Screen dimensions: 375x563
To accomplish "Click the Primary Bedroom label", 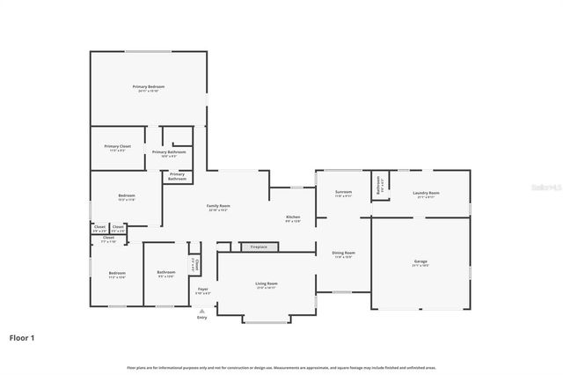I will pyautogui.click(x=149, y=87).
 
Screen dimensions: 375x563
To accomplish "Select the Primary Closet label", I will pyautogui.click(x=117, y=146).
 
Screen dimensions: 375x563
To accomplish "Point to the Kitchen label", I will pyautogui.click(x=293, y=217).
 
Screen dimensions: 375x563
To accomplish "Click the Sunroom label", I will pyautogui.click(x=343, y=192).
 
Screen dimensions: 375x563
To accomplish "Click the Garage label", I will pyautogui.click(x=420, y=261).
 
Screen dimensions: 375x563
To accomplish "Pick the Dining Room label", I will pyautogui.click(x=343, y=254).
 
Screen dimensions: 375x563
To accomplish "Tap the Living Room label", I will pyautogui.click(x=267, y=284).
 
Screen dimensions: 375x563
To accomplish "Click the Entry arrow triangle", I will pyautogui.click(x=202, y=310).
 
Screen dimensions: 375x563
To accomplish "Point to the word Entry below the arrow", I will pyautogui.click(x=202, y=317).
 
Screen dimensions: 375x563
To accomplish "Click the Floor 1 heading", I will pyautogui.click(x=22, y=337).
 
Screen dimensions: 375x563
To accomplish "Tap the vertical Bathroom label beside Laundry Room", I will pyautogui.click(x=378, y=185).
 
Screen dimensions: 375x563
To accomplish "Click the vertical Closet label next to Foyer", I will pyautogui.click(x=195, y=264).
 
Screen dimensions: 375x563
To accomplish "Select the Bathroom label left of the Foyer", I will pyautogui.click(x=165, y=273).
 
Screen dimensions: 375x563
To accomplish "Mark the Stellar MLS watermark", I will pyautogui.click(x=545, y=187).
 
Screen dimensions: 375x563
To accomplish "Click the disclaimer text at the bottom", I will pyautogui.click(x=281, y=367).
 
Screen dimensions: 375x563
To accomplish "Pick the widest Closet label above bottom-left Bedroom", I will pyautogui.click(x=108, y=238).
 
